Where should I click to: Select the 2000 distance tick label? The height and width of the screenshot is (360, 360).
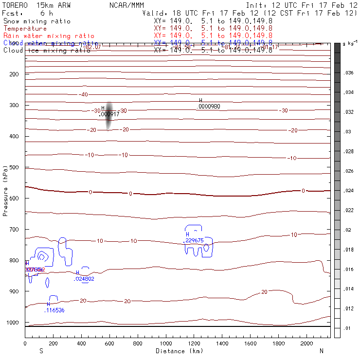[307, 343]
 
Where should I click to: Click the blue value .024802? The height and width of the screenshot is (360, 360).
[84, 279]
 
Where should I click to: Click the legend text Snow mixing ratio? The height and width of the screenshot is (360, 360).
[37, 21]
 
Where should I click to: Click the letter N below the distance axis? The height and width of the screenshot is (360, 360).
[322, 351]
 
